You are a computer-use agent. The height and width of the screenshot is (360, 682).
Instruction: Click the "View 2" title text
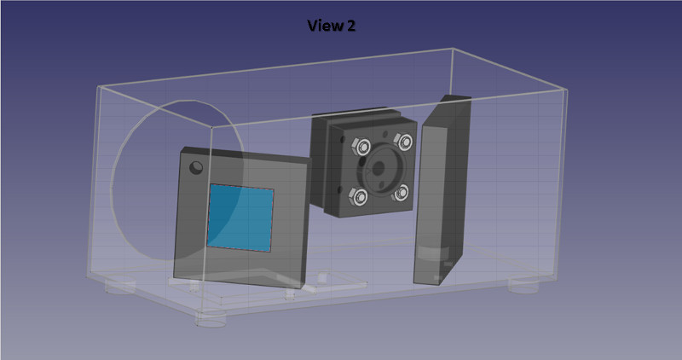[x=332, y=26]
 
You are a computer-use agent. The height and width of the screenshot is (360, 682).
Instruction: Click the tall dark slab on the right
[x=441, y=192]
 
